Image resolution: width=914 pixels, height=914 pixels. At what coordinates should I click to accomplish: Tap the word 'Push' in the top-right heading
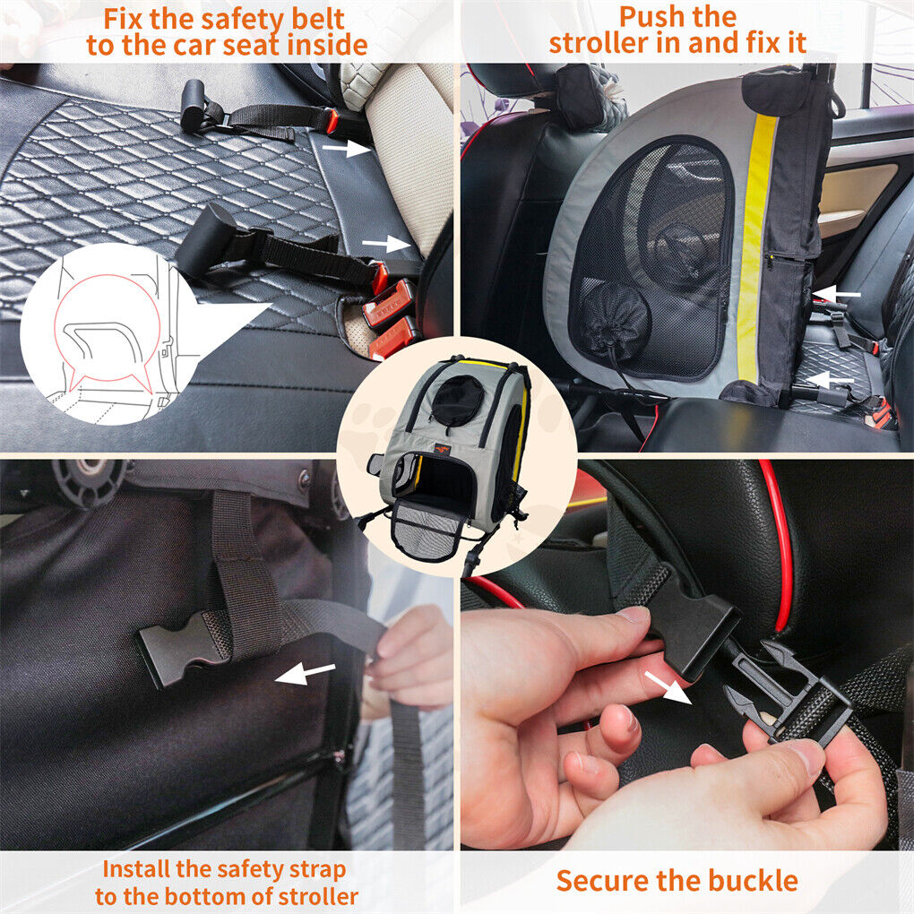click(x=652, y=17)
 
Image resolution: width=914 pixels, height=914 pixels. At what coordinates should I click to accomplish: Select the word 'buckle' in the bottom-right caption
click(x=749, y=880)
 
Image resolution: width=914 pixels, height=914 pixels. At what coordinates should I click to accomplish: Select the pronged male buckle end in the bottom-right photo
click(x=789, y=694)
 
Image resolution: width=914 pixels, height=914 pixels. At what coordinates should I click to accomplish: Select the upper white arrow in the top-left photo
click(x=346, y=150)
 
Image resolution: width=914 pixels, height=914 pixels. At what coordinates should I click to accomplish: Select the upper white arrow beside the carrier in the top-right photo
click(x=841, y=293)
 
